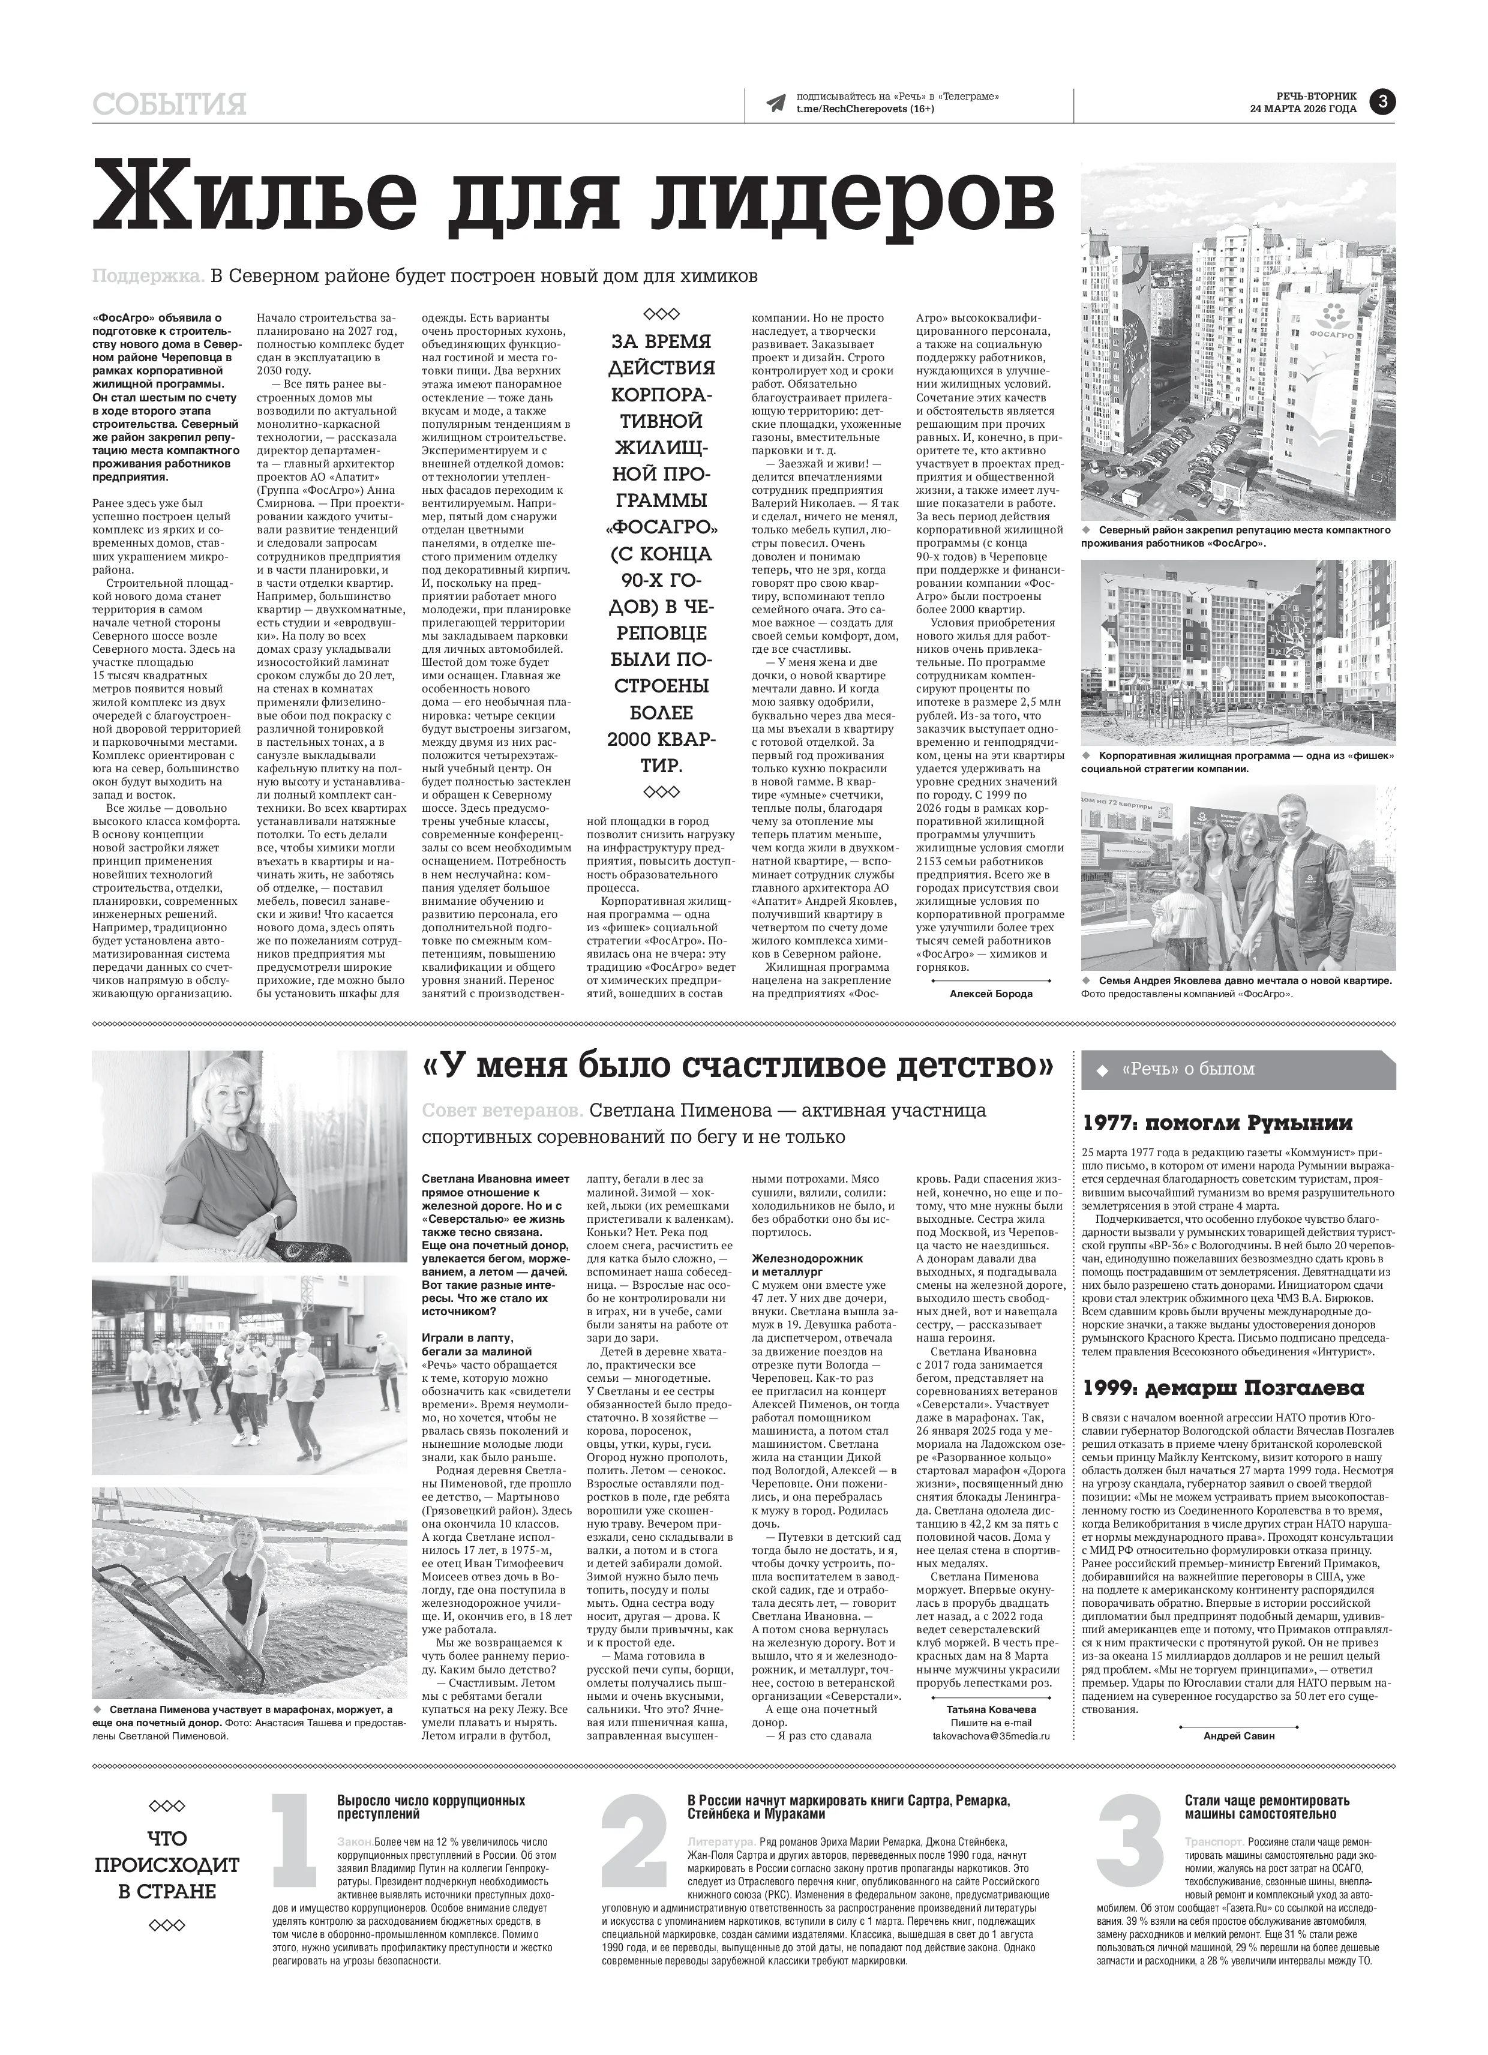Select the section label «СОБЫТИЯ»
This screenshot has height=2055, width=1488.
169,105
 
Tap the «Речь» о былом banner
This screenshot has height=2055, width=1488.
1238,1069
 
